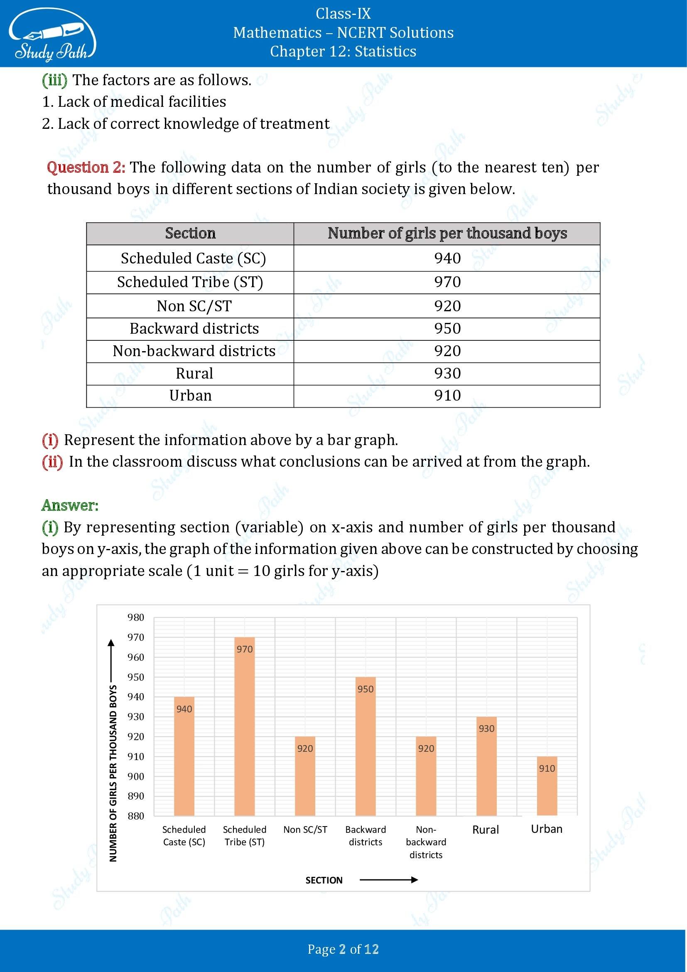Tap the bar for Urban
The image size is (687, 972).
(547, 788)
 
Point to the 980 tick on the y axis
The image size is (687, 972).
(136, 618)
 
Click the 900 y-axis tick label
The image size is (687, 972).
(136, 776)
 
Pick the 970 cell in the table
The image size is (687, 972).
(447, 282)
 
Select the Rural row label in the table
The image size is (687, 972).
(194, 374)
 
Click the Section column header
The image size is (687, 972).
(190, 233)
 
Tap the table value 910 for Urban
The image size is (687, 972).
(447, 395)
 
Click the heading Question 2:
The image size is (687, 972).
(86, 167)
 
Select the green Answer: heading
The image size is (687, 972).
(70, 505)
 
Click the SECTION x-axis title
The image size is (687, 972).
(324, 880)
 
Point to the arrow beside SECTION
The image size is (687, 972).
(388, 880)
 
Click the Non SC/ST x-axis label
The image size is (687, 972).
(305, 830)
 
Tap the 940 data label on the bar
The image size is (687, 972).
(184, 709)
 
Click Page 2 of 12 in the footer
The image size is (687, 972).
(343, 950)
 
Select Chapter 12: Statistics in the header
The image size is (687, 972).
(343, 51)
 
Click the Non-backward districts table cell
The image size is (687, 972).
(194, 351)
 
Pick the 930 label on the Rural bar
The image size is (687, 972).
(486, 728)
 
